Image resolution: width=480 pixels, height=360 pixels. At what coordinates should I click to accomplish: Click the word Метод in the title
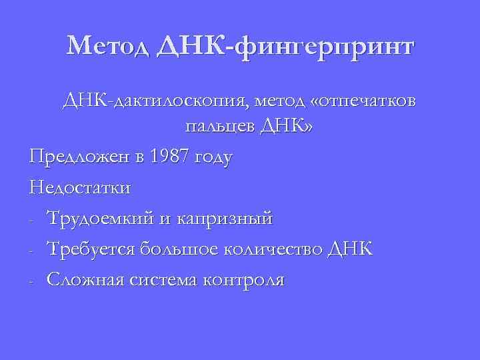(111, 47)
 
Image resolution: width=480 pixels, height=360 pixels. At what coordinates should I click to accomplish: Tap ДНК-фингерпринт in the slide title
(287, 47)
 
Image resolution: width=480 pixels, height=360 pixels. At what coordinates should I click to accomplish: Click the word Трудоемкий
(98, 218)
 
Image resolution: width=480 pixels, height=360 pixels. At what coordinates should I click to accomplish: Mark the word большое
(175, 249)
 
